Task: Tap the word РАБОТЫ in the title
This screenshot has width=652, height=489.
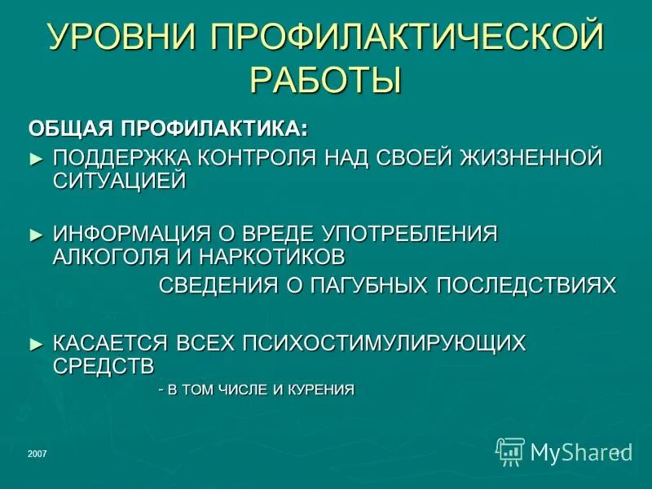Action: point(326,81)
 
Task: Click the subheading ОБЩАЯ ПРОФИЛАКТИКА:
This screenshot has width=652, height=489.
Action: point(169,129)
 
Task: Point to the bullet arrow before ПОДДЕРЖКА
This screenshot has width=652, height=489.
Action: point(35,156)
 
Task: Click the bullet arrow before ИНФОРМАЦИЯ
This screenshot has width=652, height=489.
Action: point(35,234)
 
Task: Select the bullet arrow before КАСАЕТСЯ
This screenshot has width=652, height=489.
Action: point(35,343)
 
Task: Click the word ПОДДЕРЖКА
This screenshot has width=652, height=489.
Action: point(119,156)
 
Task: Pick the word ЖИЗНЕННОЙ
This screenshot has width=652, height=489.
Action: point(522,156)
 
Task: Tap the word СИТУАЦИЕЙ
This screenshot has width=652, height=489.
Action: point(120,181)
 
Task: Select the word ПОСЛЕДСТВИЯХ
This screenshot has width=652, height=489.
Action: point(526,285)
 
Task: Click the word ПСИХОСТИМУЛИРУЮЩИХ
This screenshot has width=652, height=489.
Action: point(383,343)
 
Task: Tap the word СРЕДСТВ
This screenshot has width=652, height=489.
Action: point(104,366)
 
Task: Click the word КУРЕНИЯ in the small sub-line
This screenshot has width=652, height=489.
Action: point(323,390)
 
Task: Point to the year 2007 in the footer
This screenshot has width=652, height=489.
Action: point(37,453)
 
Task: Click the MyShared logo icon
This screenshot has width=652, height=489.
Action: point(510,451)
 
